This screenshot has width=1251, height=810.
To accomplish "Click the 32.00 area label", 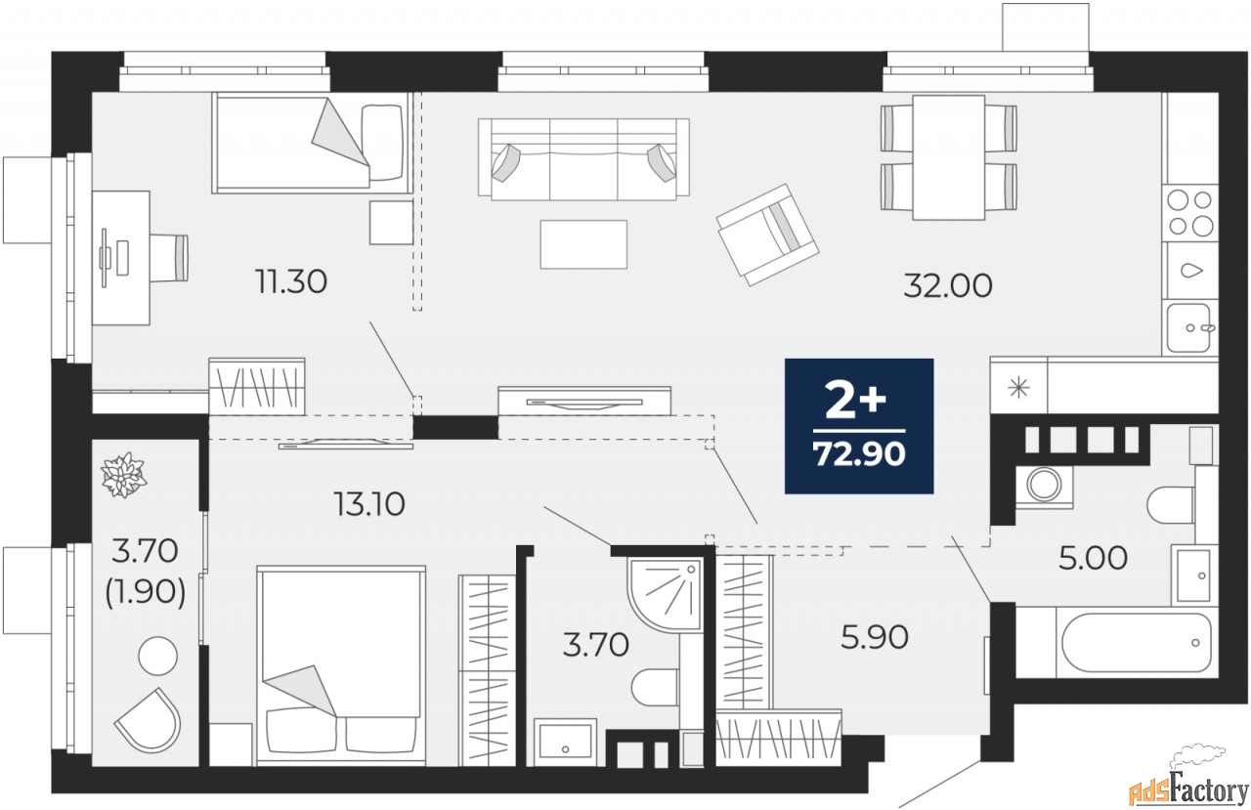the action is tap(948, 286).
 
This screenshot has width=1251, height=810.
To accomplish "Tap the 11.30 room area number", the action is tap(291, 281).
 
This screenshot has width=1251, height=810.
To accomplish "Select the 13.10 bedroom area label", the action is tap(369, 504).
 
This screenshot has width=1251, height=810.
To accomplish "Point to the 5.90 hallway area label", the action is tap(875, 637).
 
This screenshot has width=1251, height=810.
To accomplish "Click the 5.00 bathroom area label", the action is tap(1093, 558).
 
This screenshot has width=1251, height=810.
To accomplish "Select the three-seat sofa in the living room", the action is tap(583, 158).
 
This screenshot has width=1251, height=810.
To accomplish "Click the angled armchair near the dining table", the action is tap(767, 234).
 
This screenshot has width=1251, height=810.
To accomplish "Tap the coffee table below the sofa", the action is tap(583, 244).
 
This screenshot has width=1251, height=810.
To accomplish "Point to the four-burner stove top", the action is tap(1189, 213).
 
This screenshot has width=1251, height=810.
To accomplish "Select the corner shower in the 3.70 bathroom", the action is tap(665, 594).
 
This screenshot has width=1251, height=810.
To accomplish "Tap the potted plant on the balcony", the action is tap(123, 475).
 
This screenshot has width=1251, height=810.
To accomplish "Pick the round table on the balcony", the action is tap(157, 656).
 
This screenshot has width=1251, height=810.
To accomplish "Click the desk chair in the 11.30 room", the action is tap(169, 257).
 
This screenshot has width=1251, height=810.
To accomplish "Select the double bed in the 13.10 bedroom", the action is tap(341, 665).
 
